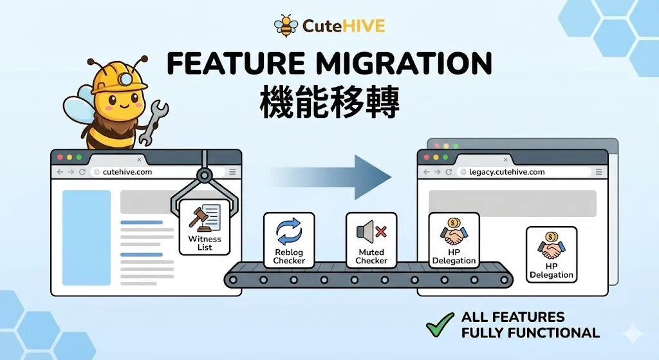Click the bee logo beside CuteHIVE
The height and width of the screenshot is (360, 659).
(285, 25)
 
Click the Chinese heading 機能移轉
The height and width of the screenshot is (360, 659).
(329, 102)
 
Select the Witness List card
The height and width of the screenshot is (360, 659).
(205, 227)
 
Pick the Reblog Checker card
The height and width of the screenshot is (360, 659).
(289, 240)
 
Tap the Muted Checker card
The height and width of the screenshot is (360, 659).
(371, 240)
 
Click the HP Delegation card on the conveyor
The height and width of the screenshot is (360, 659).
(454, 240)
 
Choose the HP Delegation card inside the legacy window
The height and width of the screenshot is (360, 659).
(552, 254)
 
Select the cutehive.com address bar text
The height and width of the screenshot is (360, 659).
(127, 171)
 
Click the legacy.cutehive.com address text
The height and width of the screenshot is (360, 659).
(507, 171)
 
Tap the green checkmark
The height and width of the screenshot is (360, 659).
(440, 325)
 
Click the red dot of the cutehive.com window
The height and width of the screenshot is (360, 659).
(60, 157)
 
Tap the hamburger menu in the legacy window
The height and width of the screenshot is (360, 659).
(599, 171)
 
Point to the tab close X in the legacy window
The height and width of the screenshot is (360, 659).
(506, 160)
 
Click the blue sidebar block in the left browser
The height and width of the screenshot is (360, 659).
(87, 238)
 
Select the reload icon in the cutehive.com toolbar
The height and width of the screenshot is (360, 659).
(82, 171)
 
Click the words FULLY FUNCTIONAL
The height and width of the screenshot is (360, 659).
(530, 333)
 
